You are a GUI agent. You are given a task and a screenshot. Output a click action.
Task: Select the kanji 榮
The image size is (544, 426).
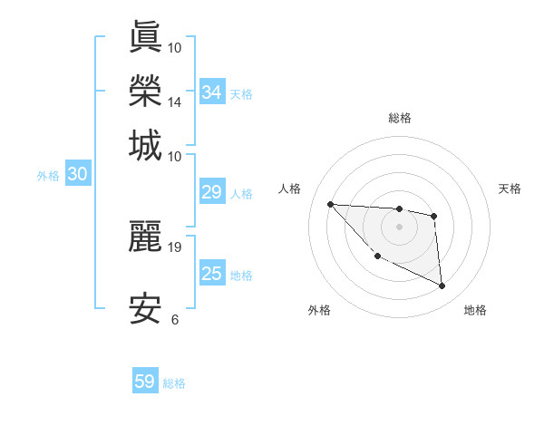[x=146, y=91]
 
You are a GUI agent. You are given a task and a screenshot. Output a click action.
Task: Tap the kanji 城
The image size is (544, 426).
[x=146, y=145]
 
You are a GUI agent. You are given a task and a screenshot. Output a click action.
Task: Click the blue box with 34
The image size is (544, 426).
[x=212, y=92]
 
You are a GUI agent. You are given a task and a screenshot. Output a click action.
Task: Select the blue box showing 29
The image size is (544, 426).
[x=212, y=192]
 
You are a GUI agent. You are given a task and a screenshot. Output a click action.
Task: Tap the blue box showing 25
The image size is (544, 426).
[x=212, y=274]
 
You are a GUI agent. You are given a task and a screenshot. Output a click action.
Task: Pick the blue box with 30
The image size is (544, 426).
[x=77, y=175]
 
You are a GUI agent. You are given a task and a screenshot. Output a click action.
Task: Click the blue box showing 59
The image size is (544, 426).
[x=145, y=382]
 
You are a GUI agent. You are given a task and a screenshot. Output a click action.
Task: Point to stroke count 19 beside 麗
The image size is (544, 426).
[x=175, y=247]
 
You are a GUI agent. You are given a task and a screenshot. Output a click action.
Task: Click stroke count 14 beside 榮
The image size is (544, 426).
[x=175, y=102]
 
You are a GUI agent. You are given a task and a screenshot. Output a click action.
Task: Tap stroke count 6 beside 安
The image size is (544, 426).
[x=175, y=319]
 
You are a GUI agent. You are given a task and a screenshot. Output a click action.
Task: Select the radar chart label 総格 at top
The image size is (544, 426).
[x=400, y=118]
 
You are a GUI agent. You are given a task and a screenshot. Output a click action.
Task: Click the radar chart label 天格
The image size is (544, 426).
[x=510, y=189]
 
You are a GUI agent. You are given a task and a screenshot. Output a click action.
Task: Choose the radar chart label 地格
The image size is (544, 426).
[x=475, y=310]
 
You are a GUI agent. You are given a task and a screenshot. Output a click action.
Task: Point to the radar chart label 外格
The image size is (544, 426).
[x=319, y=310]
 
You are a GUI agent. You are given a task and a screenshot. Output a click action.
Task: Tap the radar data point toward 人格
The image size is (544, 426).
[x=330, y=204]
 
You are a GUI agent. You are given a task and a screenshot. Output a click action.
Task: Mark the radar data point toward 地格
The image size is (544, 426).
[x=442, y=286]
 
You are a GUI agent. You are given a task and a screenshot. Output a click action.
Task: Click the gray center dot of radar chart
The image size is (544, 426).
[x=400, y=227]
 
